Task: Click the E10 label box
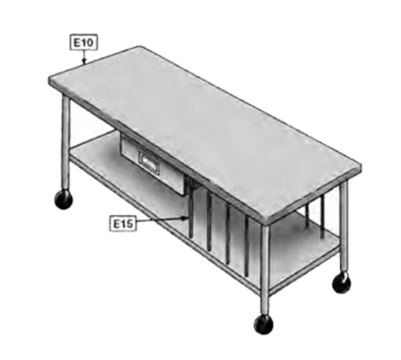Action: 83,42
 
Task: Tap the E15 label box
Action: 123,224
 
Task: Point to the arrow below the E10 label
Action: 84,57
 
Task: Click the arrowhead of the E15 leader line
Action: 184,218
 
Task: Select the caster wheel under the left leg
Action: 63,200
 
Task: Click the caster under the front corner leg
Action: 264,324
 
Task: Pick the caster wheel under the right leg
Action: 342,283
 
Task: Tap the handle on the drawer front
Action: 149,162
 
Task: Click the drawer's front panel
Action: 152,163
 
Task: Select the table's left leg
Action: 66,142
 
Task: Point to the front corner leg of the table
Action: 265,269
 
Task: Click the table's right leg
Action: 344,227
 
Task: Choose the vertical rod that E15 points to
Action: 191,211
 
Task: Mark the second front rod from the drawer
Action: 209,221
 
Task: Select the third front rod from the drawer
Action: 228,233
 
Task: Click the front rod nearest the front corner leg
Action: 246,245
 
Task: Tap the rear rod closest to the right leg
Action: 322,216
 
